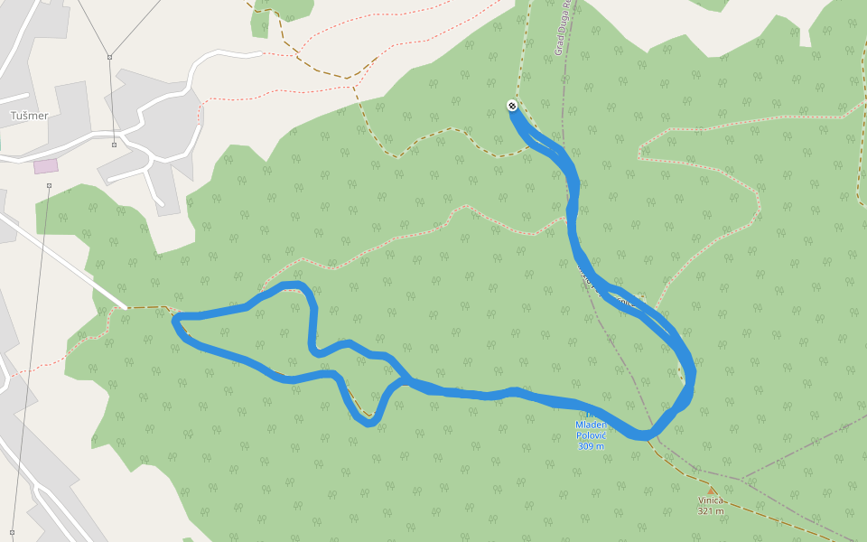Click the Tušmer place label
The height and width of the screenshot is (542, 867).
28,116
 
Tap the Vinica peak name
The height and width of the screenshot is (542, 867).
711,500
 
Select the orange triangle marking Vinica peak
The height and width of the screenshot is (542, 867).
711,491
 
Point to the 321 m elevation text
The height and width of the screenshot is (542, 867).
711,511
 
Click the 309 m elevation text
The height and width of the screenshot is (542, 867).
591,445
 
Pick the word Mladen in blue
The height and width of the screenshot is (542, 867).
591,425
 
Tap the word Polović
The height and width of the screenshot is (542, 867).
591,435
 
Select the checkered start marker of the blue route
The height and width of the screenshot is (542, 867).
512,106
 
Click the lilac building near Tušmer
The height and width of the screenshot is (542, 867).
45,166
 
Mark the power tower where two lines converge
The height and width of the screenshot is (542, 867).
109,58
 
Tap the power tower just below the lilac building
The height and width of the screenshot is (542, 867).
50,186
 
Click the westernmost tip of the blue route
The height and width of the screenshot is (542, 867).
174,319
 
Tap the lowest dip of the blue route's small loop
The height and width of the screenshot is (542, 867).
368,422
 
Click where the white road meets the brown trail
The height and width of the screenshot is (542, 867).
126,307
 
